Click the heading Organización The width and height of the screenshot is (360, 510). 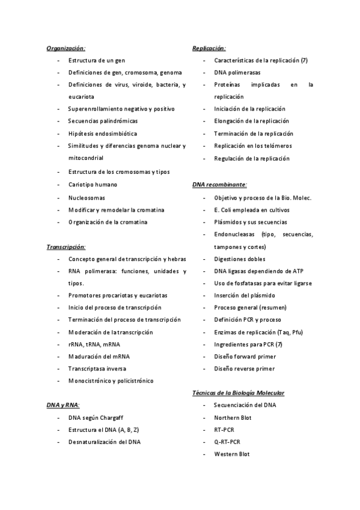(66, 48)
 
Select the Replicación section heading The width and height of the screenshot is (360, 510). (209, 48)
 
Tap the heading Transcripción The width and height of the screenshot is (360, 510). (66, 247)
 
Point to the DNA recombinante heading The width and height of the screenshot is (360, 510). (219, 185)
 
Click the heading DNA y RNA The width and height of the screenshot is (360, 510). (63, 405)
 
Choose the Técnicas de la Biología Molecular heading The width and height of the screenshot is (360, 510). (239, 393)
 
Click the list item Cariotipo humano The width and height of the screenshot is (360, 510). (93, 185)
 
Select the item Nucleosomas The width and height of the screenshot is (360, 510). (87, 197)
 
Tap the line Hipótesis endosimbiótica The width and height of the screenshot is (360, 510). (102, 134)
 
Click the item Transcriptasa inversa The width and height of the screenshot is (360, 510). (97, 369)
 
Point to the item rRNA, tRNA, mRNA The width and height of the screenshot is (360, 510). (94, 344)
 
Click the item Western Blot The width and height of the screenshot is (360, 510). (231, 454)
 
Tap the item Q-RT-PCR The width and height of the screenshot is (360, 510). (227, 442)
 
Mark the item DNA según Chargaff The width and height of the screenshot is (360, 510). (97, 417)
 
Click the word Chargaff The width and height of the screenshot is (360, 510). (114, 417)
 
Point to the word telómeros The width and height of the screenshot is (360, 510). (275, 146)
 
